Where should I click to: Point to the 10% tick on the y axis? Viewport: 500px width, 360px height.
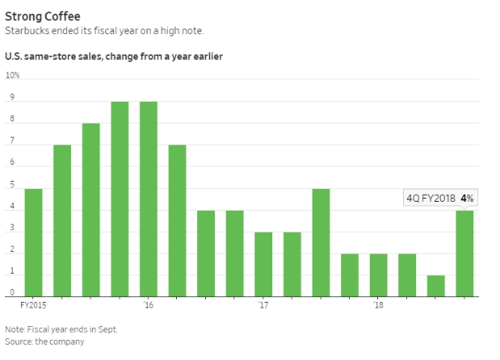(x=12, y=76)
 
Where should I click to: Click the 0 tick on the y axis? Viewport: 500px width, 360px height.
(x=11, y=292)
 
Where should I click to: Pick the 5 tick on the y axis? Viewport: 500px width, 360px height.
(x=11, y=185)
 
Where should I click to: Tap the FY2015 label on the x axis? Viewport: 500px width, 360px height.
(x=32, y=306)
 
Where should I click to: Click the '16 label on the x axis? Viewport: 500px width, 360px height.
(x=148, y=306)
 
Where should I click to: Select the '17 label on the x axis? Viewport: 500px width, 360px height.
(x=263, y=306)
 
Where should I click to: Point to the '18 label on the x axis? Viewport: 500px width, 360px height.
(x=378, y=306)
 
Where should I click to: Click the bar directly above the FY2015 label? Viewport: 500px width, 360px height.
(x=33, y=242)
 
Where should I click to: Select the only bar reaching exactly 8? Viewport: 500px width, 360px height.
(x=90, y=210)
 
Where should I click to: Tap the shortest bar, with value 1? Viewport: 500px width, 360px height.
(x=435, y=286)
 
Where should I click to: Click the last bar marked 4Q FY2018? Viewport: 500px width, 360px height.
(x=464, y=253)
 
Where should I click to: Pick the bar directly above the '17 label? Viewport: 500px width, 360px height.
(x=263, y=264)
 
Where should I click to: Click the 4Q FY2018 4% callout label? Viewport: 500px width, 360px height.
(x=439, y=198)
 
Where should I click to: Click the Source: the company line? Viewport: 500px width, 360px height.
(x=44, y=341)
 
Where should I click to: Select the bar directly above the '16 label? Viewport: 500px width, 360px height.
(x=149, y=199)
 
